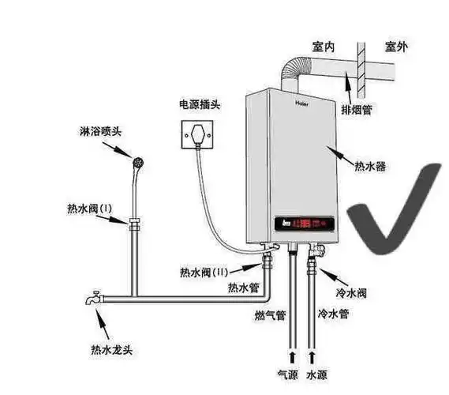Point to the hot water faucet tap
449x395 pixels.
(x=94, y=299)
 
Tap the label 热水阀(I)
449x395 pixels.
(x=89, y=209)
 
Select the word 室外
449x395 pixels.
(x=396, y=47)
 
